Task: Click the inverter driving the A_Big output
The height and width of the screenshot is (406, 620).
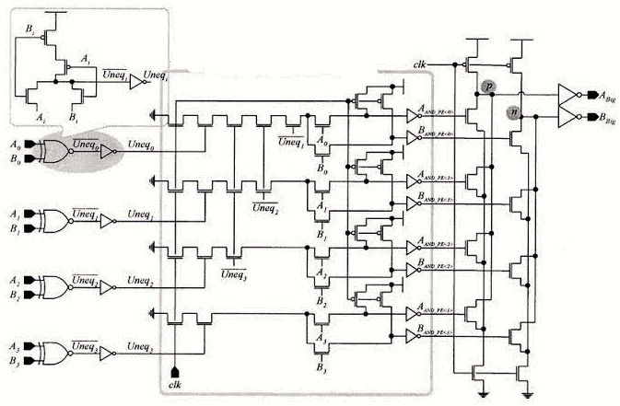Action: (567, 94)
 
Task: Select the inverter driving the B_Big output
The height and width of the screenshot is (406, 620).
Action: (567, 117)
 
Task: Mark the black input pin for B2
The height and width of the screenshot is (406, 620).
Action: (29, 295)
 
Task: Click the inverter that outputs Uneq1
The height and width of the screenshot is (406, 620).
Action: (108, 221)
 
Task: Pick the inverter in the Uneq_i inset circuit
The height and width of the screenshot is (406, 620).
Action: (135, 82)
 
